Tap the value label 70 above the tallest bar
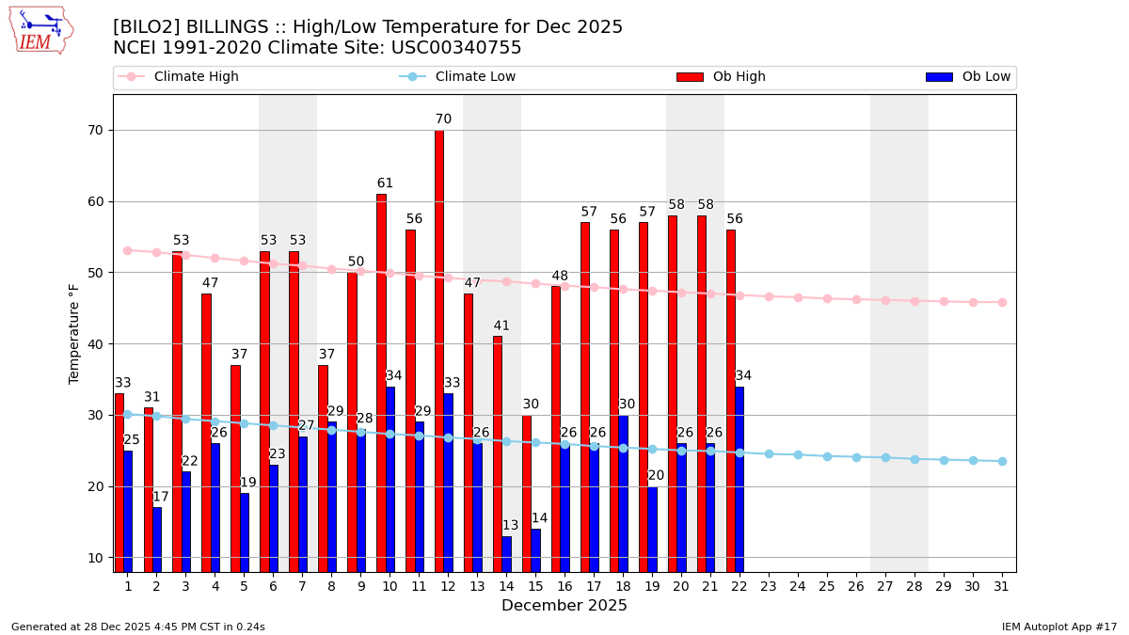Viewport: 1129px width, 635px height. pyautogui.click(x=443, y=119)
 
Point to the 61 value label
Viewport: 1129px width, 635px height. pyautogui.click(x=385, y=183)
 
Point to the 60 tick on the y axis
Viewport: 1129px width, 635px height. pyautogui.click(x=96, y=201)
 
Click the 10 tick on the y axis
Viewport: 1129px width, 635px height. pyautogui.click(x=96, y=558)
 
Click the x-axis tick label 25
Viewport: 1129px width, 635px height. pyautogui.click(x=827, y=587)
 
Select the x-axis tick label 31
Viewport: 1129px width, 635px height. pyautogui.click(x=1002, y=587)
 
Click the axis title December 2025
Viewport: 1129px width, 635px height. pyautogui.click(x=564, y=606)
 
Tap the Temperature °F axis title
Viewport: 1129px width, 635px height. pyautogui.click(x=75, y=333)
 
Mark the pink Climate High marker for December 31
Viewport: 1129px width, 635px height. pyautogui.click(x=1002, y=302)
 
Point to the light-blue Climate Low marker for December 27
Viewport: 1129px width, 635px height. pyautogui.click(x=885, y=457)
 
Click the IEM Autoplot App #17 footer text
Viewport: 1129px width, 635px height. pyautogui.click(x=1059, y=627)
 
